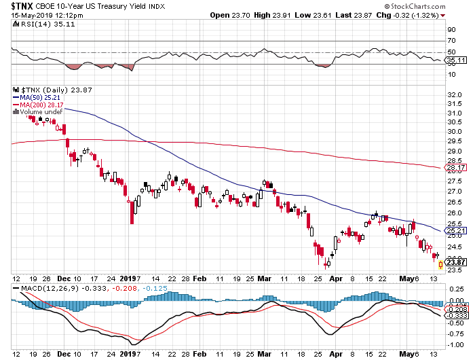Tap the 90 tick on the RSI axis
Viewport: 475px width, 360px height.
449,30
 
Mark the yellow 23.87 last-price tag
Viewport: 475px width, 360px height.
454,262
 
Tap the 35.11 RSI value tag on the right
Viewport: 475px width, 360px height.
454,60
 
